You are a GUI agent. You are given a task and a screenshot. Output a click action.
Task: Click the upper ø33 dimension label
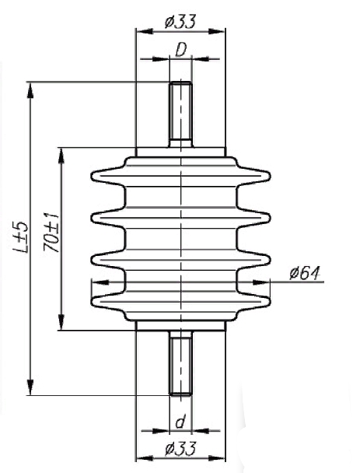[180, 22]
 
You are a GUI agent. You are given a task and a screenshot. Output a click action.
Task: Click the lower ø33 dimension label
[180, 449]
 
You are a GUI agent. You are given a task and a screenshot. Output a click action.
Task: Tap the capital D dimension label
[181, 50]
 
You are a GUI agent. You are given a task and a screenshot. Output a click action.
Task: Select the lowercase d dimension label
[180, 422]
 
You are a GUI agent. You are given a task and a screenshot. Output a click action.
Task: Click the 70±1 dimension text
[51, 233]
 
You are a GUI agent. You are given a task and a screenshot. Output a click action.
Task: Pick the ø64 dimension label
[304, 273]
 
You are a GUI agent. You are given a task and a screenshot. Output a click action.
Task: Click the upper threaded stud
[180, 114]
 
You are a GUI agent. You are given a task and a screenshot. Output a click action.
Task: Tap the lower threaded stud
[180, 363]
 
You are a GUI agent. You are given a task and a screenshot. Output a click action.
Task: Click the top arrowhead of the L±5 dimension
[30, 90]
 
